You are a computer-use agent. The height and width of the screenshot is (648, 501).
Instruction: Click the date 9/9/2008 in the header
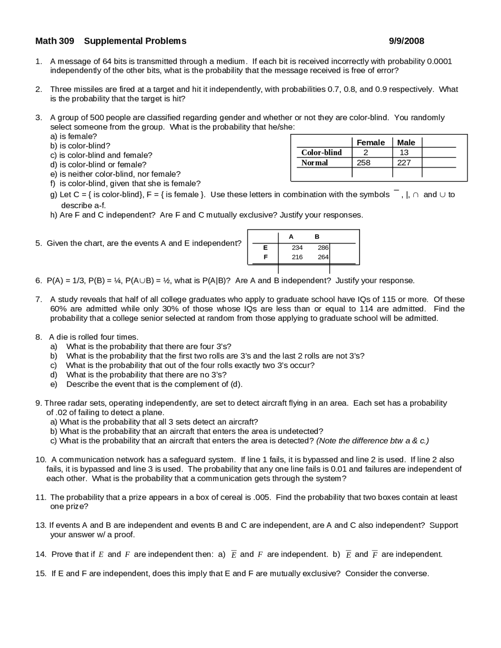click(406, 41)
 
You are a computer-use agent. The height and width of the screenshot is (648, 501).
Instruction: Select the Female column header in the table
click(371, 142)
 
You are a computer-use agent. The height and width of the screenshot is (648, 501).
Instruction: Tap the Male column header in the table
click(406, 142)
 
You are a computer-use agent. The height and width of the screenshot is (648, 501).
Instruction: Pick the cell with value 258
click(364, 163)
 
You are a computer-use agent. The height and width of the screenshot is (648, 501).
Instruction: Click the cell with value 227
click(404, 163)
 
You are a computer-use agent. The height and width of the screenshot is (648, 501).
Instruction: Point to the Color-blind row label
click(321, 153)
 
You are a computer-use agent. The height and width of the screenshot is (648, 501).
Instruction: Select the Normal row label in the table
click(315, 163)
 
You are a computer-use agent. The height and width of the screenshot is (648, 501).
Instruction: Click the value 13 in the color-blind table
click(404, 153)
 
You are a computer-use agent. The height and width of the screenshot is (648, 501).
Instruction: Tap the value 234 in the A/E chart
click(297, 248)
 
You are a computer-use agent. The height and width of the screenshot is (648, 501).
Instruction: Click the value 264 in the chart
click(323, 257)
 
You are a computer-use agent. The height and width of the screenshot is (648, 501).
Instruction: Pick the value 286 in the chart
click(323, 248)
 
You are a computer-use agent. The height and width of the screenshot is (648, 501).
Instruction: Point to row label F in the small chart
click(266, 257)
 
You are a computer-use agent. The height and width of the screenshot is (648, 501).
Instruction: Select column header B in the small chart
click(317, 237)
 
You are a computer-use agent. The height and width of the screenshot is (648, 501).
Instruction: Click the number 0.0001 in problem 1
click(440, 61)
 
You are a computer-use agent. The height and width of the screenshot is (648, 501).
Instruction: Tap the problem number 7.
click(38, 299)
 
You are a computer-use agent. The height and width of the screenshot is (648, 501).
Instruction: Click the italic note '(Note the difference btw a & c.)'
click(372, 441)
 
